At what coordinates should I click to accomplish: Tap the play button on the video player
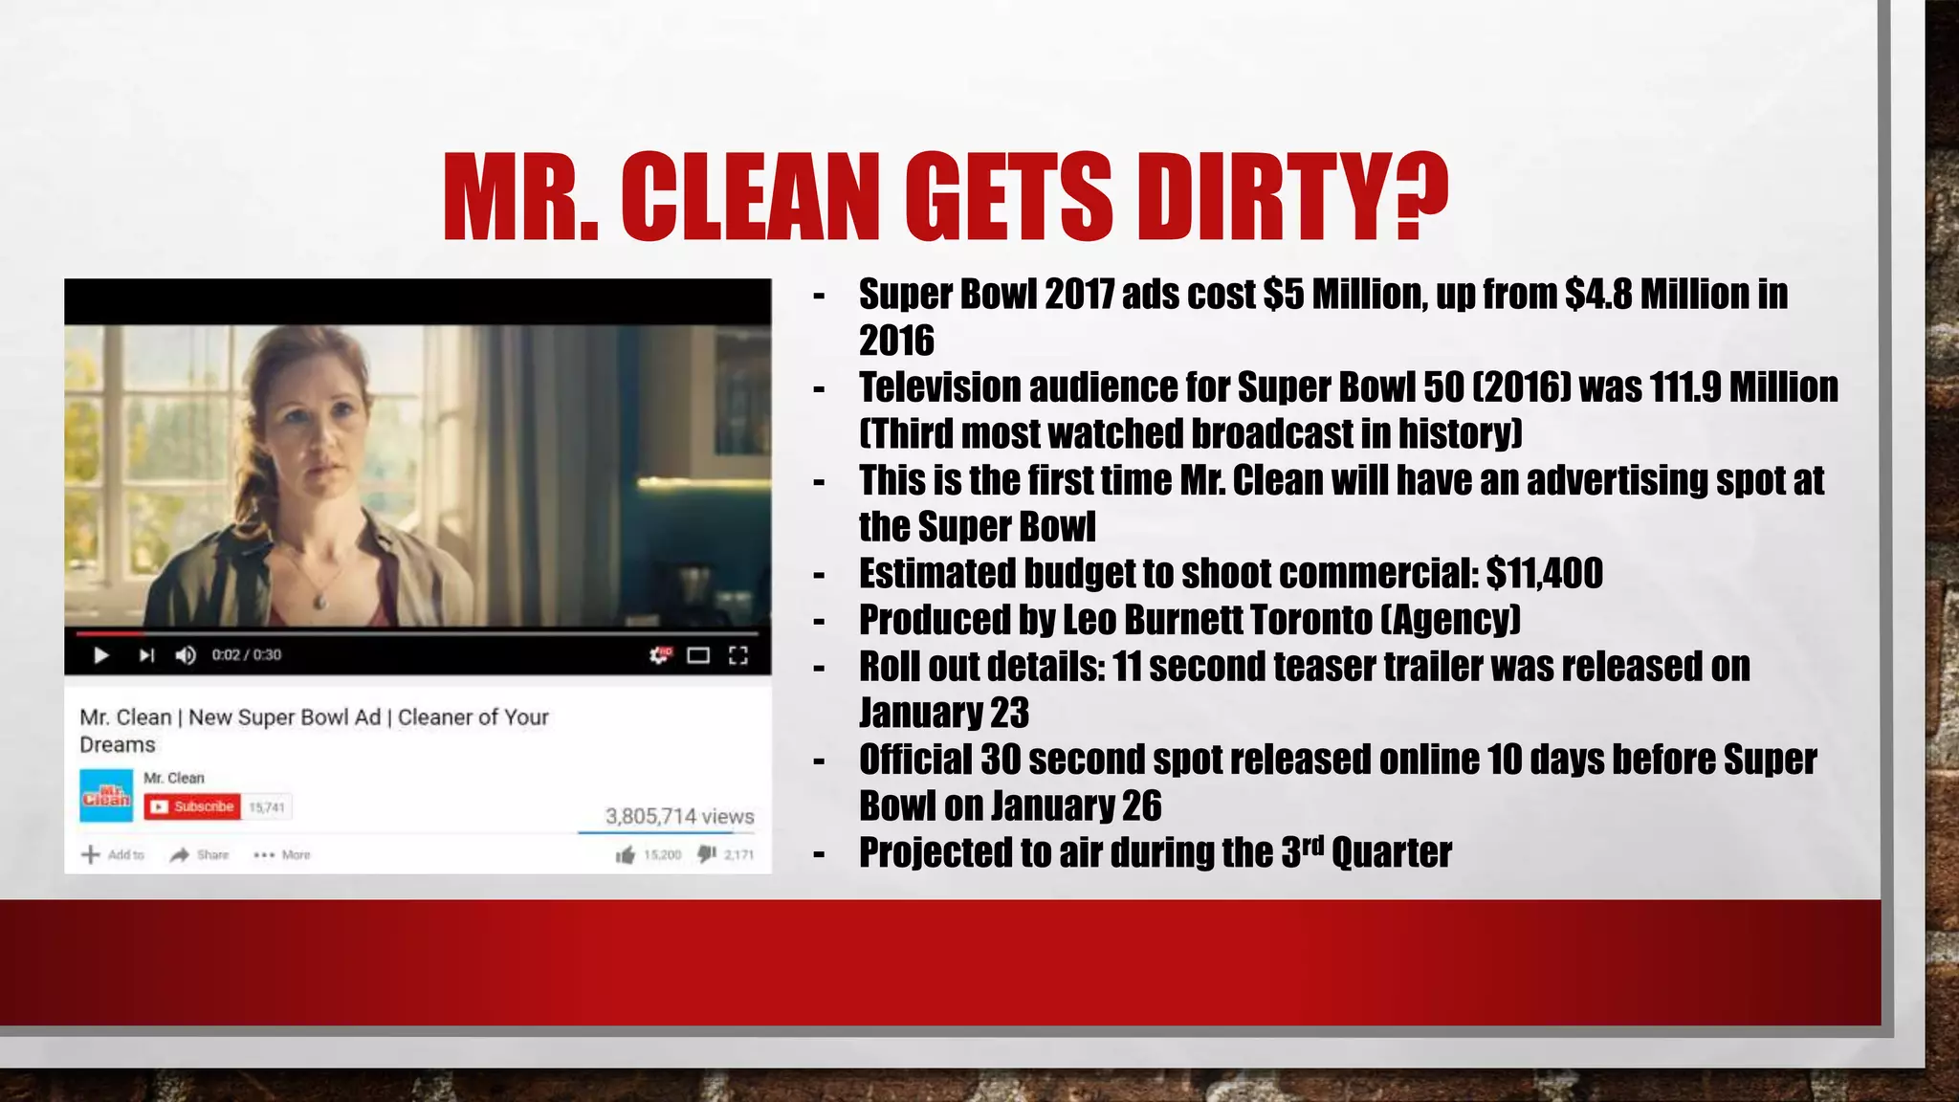(x=100, y=655)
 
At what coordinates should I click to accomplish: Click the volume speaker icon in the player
(x=186, y=655)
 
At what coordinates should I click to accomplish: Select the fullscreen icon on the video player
(x=737, y=655)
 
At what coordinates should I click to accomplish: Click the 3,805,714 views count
(x=679, y=816)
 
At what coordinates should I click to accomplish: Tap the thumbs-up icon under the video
(x=626, y=854)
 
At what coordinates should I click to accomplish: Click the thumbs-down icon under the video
(x=707, y=853)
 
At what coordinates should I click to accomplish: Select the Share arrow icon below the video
(x=180, y=854)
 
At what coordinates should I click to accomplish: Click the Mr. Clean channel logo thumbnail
(x=106, y=795)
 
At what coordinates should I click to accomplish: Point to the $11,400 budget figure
(x=1544, y=574)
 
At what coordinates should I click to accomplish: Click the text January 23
(x=943, y=713)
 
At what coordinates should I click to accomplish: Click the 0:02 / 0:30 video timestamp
(x=247, y=655)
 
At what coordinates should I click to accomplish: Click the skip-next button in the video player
(x=146, y=655)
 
